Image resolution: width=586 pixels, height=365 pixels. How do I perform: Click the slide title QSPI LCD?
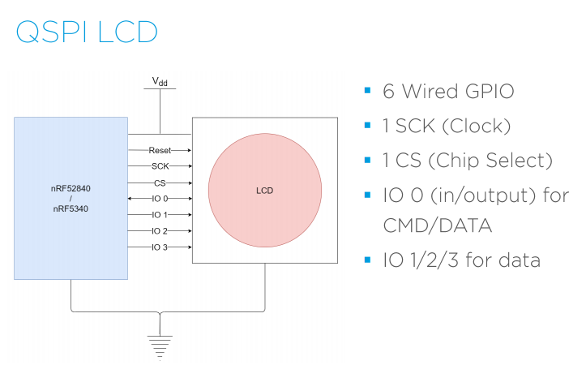pos(86,32)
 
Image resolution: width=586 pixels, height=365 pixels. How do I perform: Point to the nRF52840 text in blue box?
pos(71,187)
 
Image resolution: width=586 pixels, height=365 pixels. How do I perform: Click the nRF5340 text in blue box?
pos(71,208)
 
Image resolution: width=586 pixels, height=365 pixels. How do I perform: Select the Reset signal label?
pos(160,150)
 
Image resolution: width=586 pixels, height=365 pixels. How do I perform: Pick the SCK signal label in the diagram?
pos(160,166)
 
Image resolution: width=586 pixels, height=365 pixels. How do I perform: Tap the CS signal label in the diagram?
pos(160,182)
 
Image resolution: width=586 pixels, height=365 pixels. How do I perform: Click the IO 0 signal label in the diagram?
pos(160,199)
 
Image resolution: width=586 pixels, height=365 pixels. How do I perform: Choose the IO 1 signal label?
pos(160,215)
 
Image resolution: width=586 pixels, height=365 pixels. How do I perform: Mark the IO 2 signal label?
pos(160,231)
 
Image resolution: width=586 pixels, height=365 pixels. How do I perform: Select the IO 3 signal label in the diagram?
pos(160,247)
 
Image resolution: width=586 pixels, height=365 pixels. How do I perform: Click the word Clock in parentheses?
pos(484,126)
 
